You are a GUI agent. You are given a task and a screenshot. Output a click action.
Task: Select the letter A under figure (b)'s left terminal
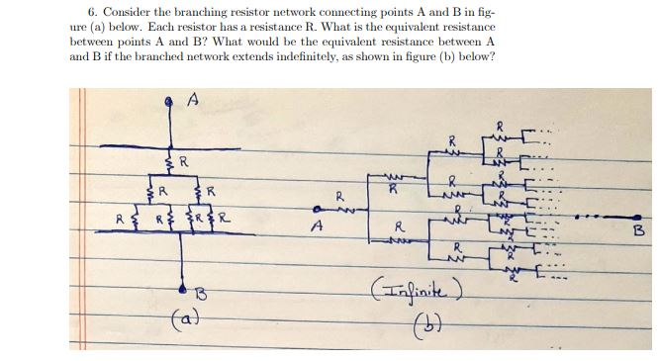[317, 226]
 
